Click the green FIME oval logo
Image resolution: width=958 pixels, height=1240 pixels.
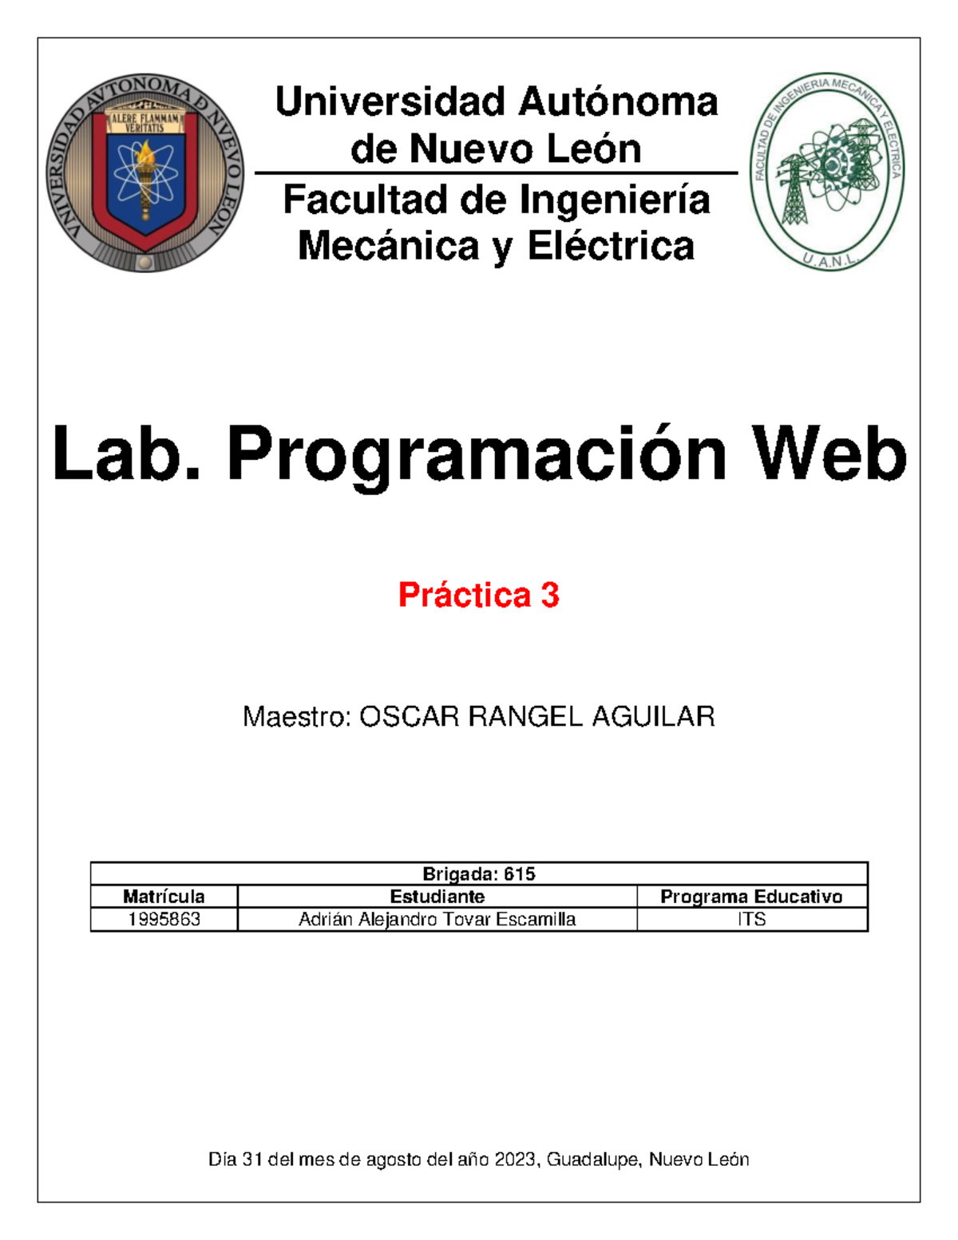(826, 171)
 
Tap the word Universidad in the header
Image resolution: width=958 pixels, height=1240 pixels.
(390, 102)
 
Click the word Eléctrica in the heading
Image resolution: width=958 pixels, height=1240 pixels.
(611, 246)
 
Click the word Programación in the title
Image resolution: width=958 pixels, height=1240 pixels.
(477, 454)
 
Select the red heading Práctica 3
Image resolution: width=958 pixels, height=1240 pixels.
(479, 595)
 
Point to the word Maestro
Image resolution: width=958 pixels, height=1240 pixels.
(295, 717)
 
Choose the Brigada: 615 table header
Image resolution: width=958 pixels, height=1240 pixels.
(479, 874)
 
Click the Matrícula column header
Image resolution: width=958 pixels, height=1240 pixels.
(164, 897)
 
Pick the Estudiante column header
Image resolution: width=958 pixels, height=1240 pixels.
(437, 897)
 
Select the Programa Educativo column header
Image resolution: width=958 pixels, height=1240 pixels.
(751, 897)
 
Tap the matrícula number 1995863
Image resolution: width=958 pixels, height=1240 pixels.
(164, 919)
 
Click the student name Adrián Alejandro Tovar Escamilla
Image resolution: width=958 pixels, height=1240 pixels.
(437, 919)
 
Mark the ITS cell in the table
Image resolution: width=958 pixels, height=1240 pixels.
(751, 919)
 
